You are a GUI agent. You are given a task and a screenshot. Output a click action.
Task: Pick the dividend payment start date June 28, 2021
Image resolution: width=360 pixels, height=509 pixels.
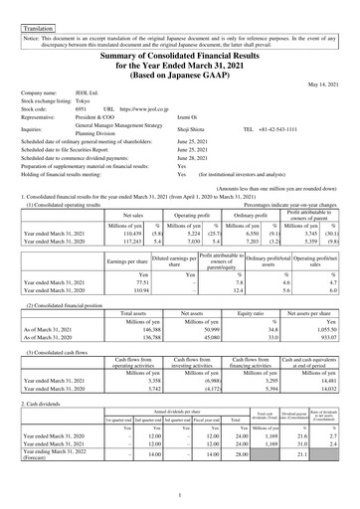[x=194, y=157]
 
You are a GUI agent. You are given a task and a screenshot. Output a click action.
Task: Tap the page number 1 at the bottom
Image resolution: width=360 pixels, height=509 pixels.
[x=179, y=496]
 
